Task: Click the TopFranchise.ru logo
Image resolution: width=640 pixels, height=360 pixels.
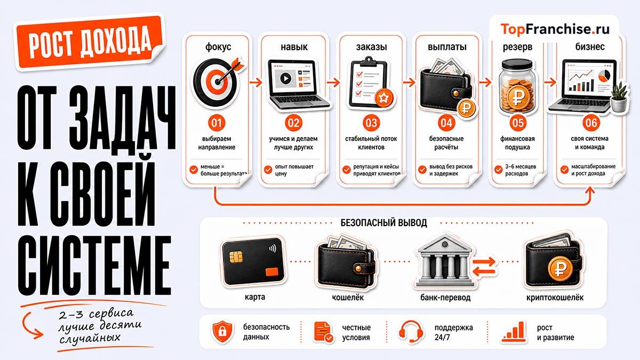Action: [x=555, y=29]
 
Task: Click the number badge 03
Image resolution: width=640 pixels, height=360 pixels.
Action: [x=371, y=123]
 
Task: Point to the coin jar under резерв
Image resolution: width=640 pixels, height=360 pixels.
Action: [x=517, y=86]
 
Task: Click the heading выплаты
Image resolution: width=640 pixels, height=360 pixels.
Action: [x=447, y=46]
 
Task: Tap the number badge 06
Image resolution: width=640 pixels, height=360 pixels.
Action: [x=591, y=123]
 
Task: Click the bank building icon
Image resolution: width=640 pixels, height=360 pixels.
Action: [x=444, y=261]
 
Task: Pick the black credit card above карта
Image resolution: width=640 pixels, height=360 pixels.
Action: [x=253, y=262]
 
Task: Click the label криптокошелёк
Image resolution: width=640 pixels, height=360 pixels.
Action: [x=555, y=298]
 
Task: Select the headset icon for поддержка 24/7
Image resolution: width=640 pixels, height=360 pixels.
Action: [x=411, y=331]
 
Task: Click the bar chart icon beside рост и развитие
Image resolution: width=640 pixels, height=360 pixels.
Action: [x=514, y=332]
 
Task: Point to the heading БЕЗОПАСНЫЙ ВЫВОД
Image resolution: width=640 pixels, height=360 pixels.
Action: [x=383, y=222]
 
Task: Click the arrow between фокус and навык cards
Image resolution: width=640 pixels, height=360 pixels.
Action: [x=255, y=82]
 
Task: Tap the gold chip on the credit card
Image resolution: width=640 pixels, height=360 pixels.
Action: [x=236, y=257]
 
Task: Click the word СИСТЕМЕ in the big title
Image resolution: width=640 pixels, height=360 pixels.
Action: [x=94, y=266]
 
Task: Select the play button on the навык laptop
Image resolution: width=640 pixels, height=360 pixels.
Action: [x=285, y=78]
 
